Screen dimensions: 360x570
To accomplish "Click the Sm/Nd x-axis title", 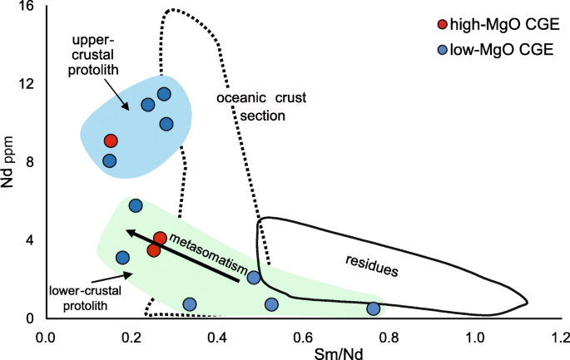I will (303, 353).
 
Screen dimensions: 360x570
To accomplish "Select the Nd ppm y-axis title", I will (11, 162).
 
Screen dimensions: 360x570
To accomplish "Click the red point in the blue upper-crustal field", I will (111, 141).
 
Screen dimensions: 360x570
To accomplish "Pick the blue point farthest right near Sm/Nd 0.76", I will (374, 308).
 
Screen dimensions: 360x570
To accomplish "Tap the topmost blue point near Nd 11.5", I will (164, 94).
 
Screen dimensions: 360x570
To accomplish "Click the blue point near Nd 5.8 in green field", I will (136, 205).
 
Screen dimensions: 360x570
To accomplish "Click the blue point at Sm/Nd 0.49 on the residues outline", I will (254, 277).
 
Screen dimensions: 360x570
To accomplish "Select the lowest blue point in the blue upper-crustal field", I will (110, 160).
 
